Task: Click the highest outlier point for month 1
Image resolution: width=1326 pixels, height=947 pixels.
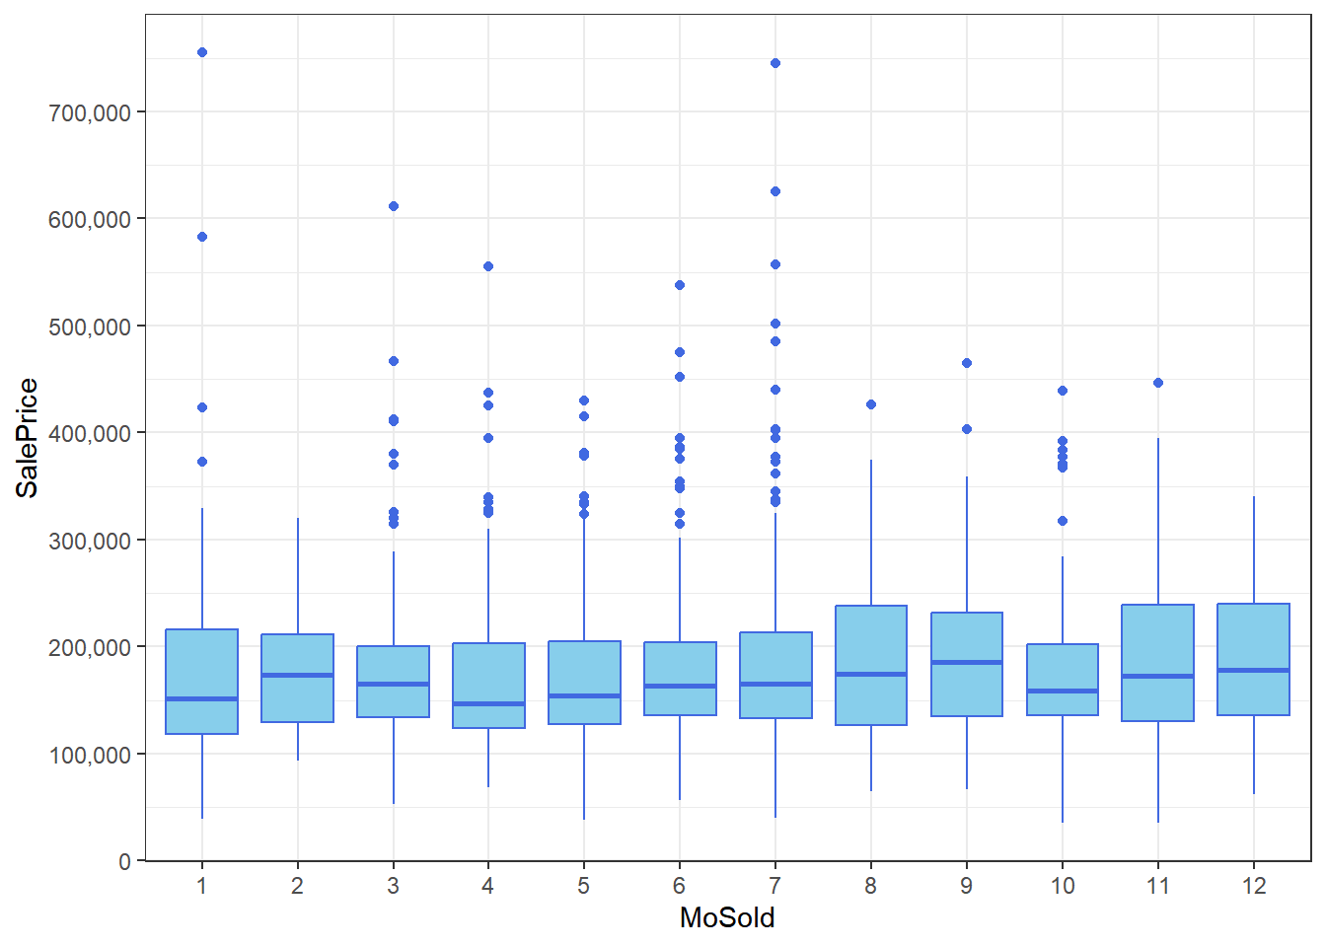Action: [x=202, y=52]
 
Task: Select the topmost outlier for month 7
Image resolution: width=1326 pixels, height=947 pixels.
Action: [x=775, y=63]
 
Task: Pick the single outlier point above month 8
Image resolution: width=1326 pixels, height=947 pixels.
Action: [x=871, y=404]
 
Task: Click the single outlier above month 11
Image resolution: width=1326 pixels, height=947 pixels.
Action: [x=1158, y=383]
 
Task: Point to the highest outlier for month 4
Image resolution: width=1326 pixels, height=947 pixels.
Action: [x=488, y=266]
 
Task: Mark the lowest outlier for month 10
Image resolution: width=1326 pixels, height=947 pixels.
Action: [x=1063, y=521]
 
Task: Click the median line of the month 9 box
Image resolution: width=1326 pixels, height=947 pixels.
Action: [x=967, y=662]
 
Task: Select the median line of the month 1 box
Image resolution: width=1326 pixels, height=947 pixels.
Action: [x=202, y=698]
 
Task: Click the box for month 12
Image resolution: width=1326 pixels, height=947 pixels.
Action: [x=1254, y=641]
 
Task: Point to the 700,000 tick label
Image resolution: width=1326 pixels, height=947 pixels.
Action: [x=90, y=112]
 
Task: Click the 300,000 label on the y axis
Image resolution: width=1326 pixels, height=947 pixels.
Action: [x=90, y=541]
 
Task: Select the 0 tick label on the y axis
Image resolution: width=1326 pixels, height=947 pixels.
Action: [x=124, y=862]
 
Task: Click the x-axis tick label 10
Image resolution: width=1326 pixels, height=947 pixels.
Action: [x=1063, y=886]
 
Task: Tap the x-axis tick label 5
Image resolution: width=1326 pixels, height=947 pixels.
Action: [x=584, y=886]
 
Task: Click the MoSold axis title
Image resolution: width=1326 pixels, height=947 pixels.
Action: [x=727, y=917]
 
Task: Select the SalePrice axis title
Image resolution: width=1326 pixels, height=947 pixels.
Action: [x=28, y=438]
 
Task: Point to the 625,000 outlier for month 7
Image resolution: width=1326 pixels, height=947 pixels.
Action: [x=775, y=191]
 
